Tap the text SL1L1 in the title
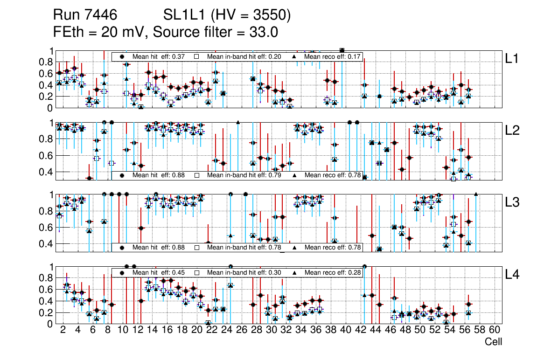tap(184, 15)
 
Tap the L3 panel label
tap(512, 202)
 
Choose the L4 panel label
tap(512, 275)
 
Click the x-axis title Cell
tap(493, 342)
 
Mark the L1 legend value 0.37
tap(179, 56)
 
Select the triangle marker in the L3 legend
tap(295, 248)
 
